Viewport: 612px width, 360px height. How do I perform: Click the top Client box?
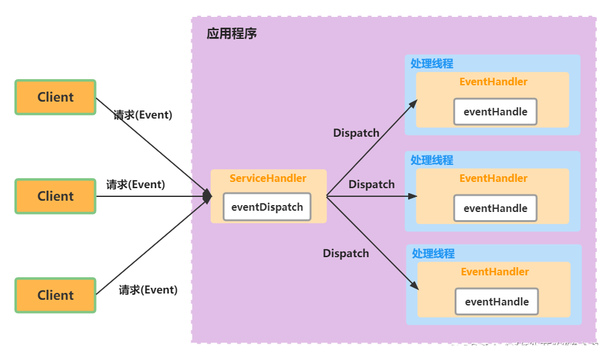55,97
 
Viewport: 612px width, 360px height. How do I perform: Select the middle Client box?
55,196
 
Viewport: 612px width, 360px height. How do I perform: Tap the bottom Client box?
55,295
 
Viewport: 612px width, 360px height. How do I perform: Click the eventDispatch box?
267,207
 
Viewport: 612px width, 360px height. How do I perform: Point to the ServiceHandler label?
268,178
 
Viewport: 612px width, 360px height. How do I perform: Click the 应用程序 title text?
231,34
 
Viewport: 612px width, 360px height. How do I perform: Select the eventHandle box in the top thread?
495,112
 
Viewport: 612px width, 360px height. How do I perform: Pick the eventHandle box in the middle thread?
495,208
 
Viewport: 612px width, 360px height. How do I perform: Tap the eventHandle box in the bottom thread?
497,302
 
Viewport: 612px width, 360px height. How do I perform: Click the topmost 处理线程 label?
431,64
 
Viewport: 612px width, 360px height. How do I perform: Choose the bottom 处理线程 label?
433,254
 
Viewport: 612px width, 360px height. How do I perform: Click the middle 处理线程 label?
431,161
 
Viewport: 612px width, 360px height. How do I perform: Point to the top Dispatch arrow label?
356,133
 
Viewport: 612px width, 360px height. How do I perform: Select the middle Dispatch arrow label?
372,184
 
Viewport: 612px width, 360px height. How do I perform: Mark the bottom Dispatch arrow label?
346,253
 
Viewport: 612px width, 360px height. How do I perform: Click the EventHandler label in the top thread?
493,82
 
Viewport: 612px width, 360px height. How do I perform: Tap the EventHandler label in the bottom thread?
495,272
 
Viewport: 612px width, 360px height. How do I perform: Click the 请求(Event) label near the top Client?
143,115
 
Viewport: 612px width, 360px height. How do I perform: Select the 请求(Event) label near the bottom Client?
148,290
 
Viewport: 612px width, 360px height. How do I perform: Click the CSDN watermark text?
535,347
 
